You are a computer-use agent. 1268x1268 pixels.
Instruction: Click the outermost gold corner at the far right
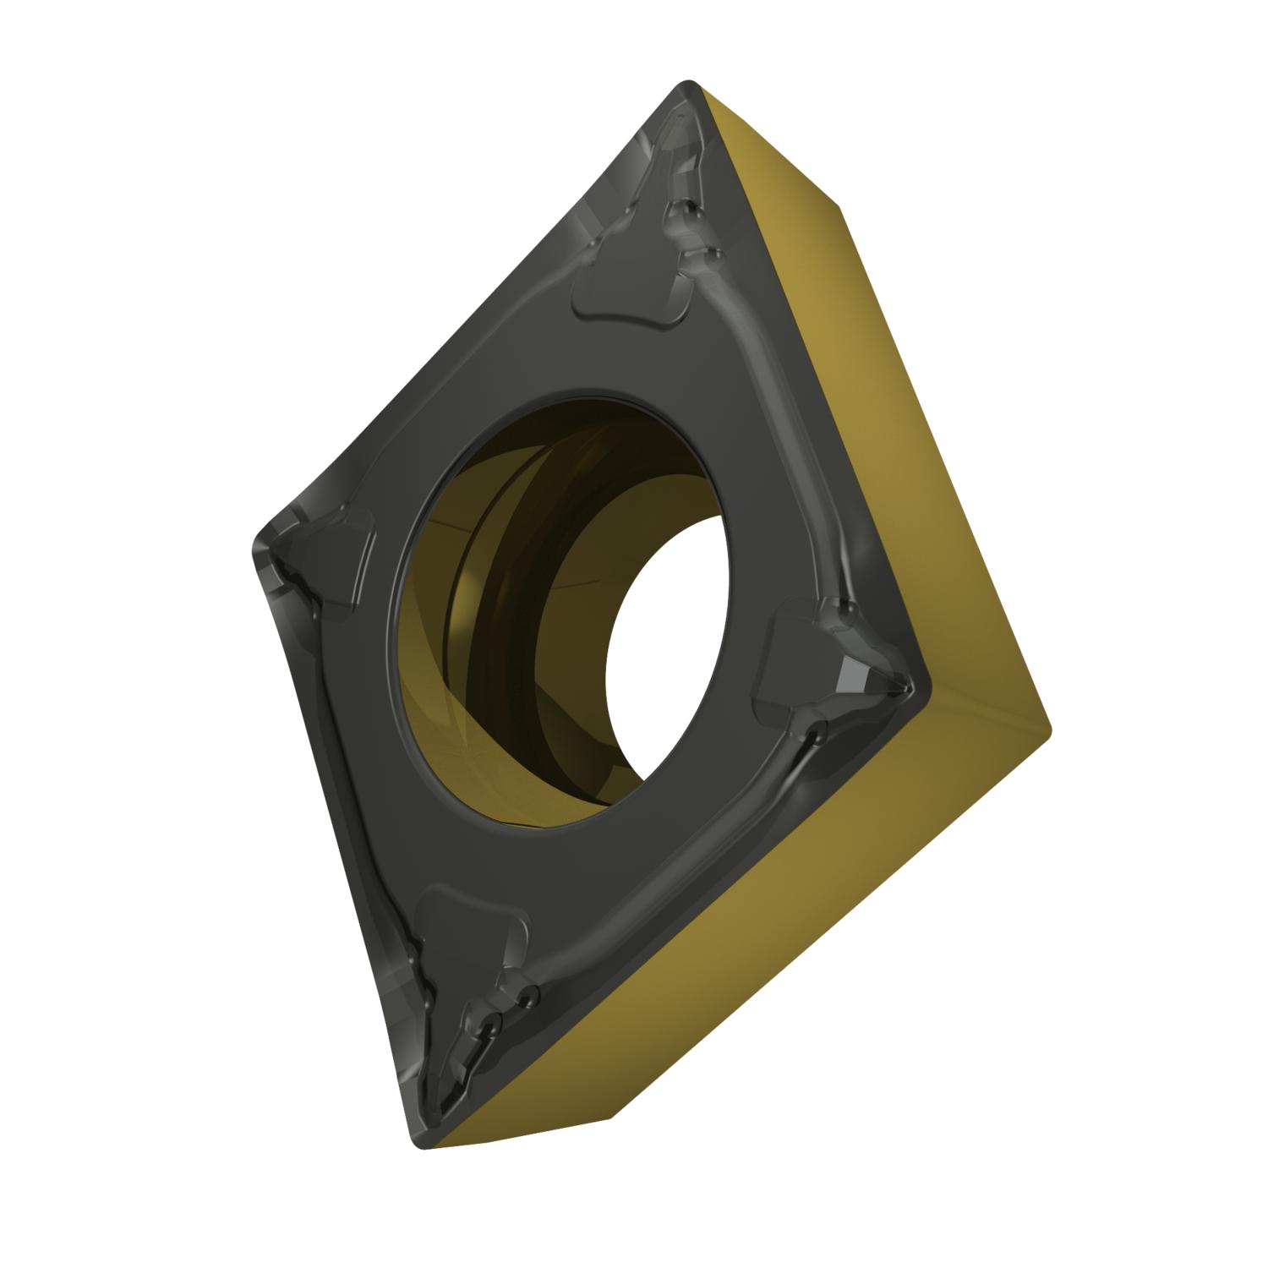pyautogui.click(x=1048, y=727)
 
